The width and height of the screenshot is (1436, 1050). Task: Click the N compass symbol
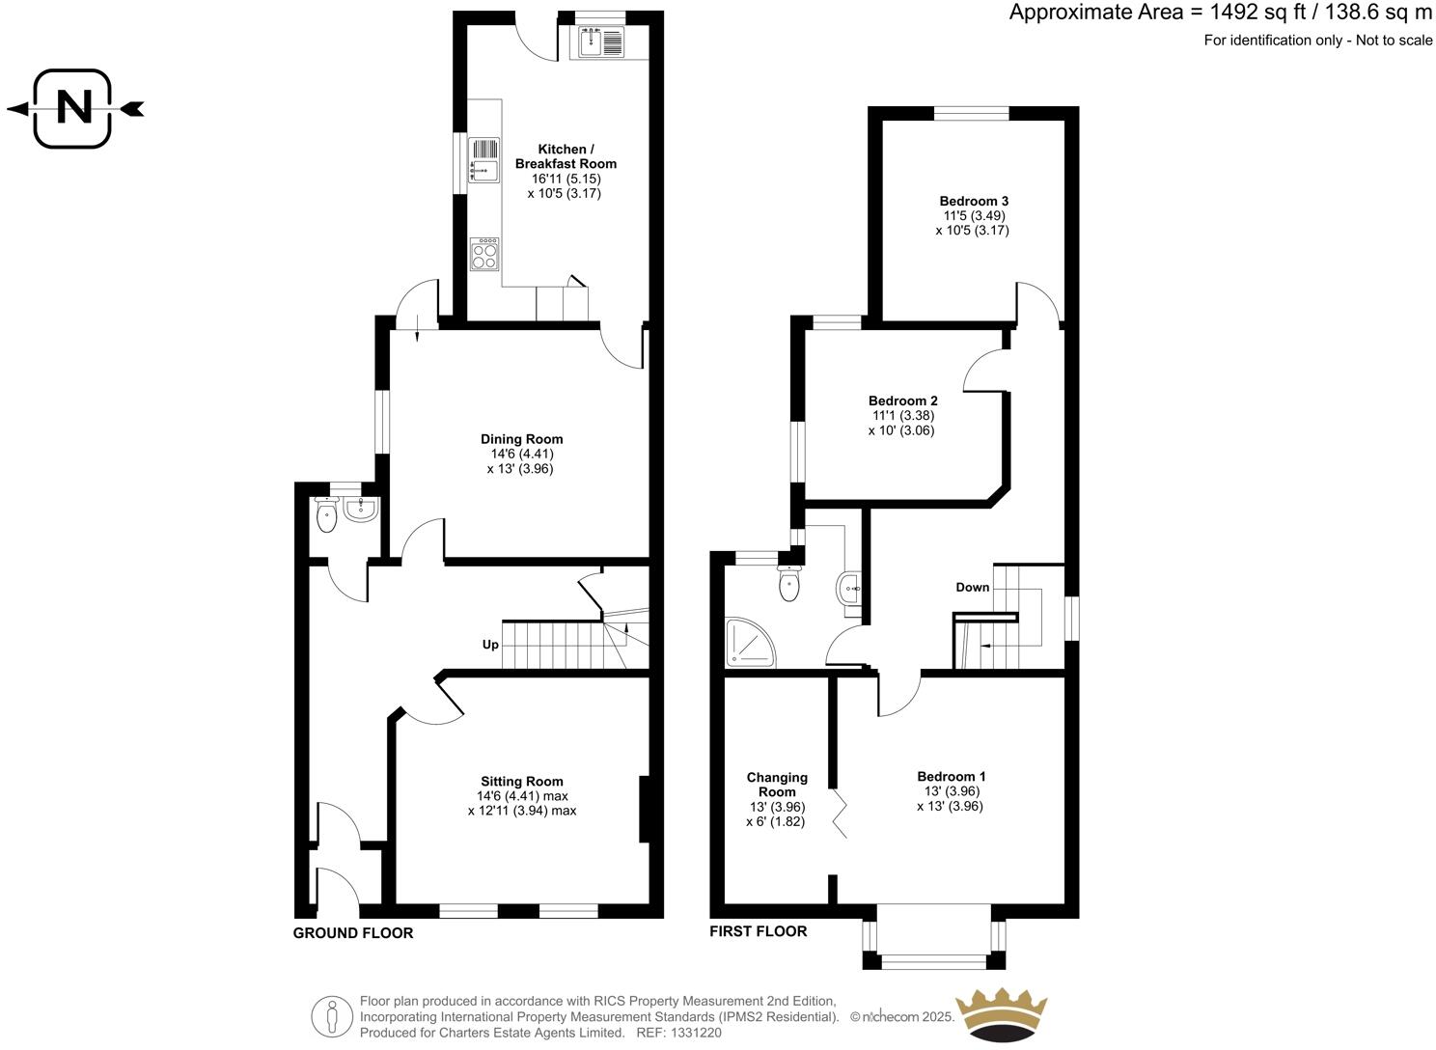[x=74, y=108]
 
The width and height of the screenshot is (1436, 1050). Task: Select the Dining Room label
[x=521, y=439]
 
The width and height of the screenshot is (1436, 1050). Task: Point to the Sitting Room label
[x=522, y=782]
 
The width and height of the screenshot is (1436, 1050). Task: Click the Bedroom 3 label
[x=974, y=201]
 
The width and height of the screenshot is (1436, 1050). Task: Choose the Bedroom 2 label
[x=902, y=401]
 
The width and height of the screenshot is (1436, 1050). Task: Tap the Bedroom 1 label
[x=951, y=776]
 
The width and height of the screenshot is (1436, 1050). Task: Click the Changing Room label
[x=777, y=785]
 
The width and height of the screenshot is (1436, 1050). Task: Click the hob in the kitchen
[x=484, y=254]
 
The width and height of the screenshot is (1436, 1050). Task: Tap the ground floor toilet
[x=327, y=515]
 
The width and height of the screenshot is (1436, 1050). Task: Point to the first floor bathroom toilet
[x=789, y=583]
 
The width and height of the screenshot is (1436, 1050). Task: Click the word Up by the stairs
[x=490, y=645]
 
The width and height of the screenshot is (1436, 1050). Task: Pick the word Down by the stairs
[x=972, y=587]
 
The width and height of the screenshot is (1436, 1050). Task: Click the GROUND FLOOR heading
[x=353, y=933]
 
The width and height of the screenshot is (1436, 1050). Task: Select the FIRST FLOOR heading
[x=758, y=931]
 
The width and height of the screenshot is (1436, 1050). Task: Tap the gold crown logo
[x=1000, y=1013]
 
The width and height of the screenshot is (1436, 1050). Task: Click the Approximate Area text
[x=1220, y=14]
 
